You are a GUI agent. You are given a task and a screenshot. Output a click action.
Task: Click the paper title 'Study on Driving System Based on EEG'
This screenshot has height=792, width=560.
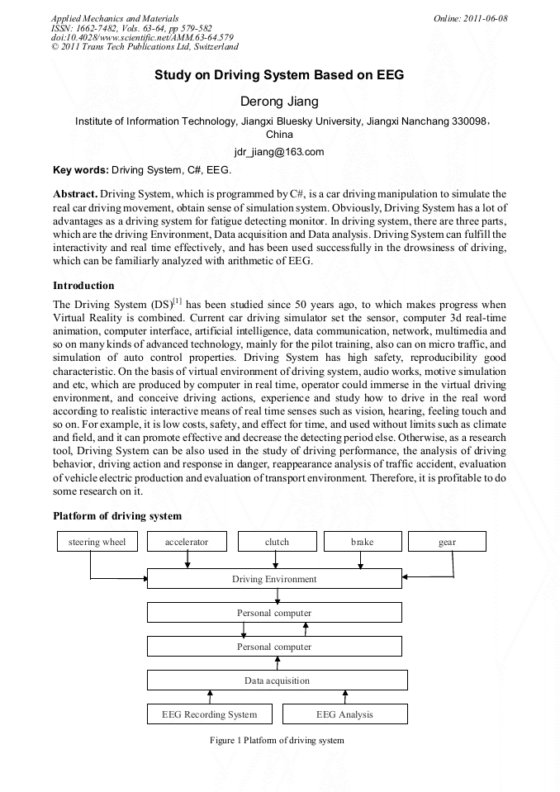pos(279,75)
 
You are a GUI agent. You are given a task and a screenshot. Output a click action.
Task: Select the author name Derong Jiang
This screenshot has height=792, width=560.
pos(279,102)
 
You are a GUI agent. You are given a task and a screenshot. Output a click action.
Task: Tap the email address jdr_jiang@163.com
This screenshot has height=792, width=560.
pos(279,152)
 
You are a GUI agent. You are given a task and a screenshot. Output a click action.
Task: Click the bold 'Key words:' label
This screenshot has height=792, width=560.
pos(80,170)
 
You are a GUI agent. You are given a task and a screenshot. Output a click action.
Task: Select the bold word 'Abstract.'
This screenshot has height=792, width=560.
pos(75,192)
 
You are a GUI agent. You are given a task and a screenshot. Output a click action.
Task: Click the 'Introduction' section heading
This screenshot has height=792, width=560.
pos(83,285)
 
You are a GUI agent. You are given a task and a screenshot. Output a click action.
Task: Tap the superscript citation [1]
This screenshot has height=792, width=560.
pos(177,301)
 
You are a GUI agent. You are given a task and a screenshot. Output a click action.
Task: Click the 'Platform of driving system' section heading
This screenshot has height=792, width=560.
pos(117,516)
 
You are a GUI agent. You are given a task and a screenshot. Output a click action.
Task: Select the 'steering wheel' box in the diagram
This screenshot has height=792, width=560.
pos(97,542)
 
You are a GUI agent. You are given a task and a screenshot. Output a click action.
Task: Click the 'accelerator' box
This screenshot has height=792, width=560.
pos(187,542)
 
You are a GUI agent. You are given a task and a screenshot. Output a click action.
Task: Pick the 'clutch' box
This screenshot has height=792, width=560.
pos(277,542)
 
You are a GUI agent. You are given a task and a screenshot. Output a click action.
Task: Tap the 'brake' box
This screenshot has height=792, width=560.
pos(362,542)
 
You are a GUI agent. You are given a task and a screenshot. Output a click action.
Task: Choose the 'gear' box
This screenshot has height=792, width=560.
pos(447,542)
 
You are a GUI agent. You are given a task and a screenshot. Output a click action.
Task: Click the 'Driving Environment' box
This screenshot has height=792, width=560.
pos(274,579)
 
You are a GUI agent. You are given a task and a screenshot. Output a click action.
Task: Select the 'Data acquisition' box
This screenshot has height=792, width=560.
pos(277,681)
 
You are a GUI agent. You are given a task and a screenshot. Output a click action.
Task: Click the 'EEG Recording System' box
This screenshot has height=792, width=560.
pos(209,714)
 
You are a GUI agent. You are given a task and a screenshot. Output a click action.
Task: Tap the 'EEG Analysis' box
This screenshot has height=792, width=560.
pos(344,714)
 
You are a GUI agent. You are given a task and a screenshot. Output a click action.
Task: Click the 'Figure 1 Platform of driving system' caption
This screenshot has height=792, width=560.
pos(277,740)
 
